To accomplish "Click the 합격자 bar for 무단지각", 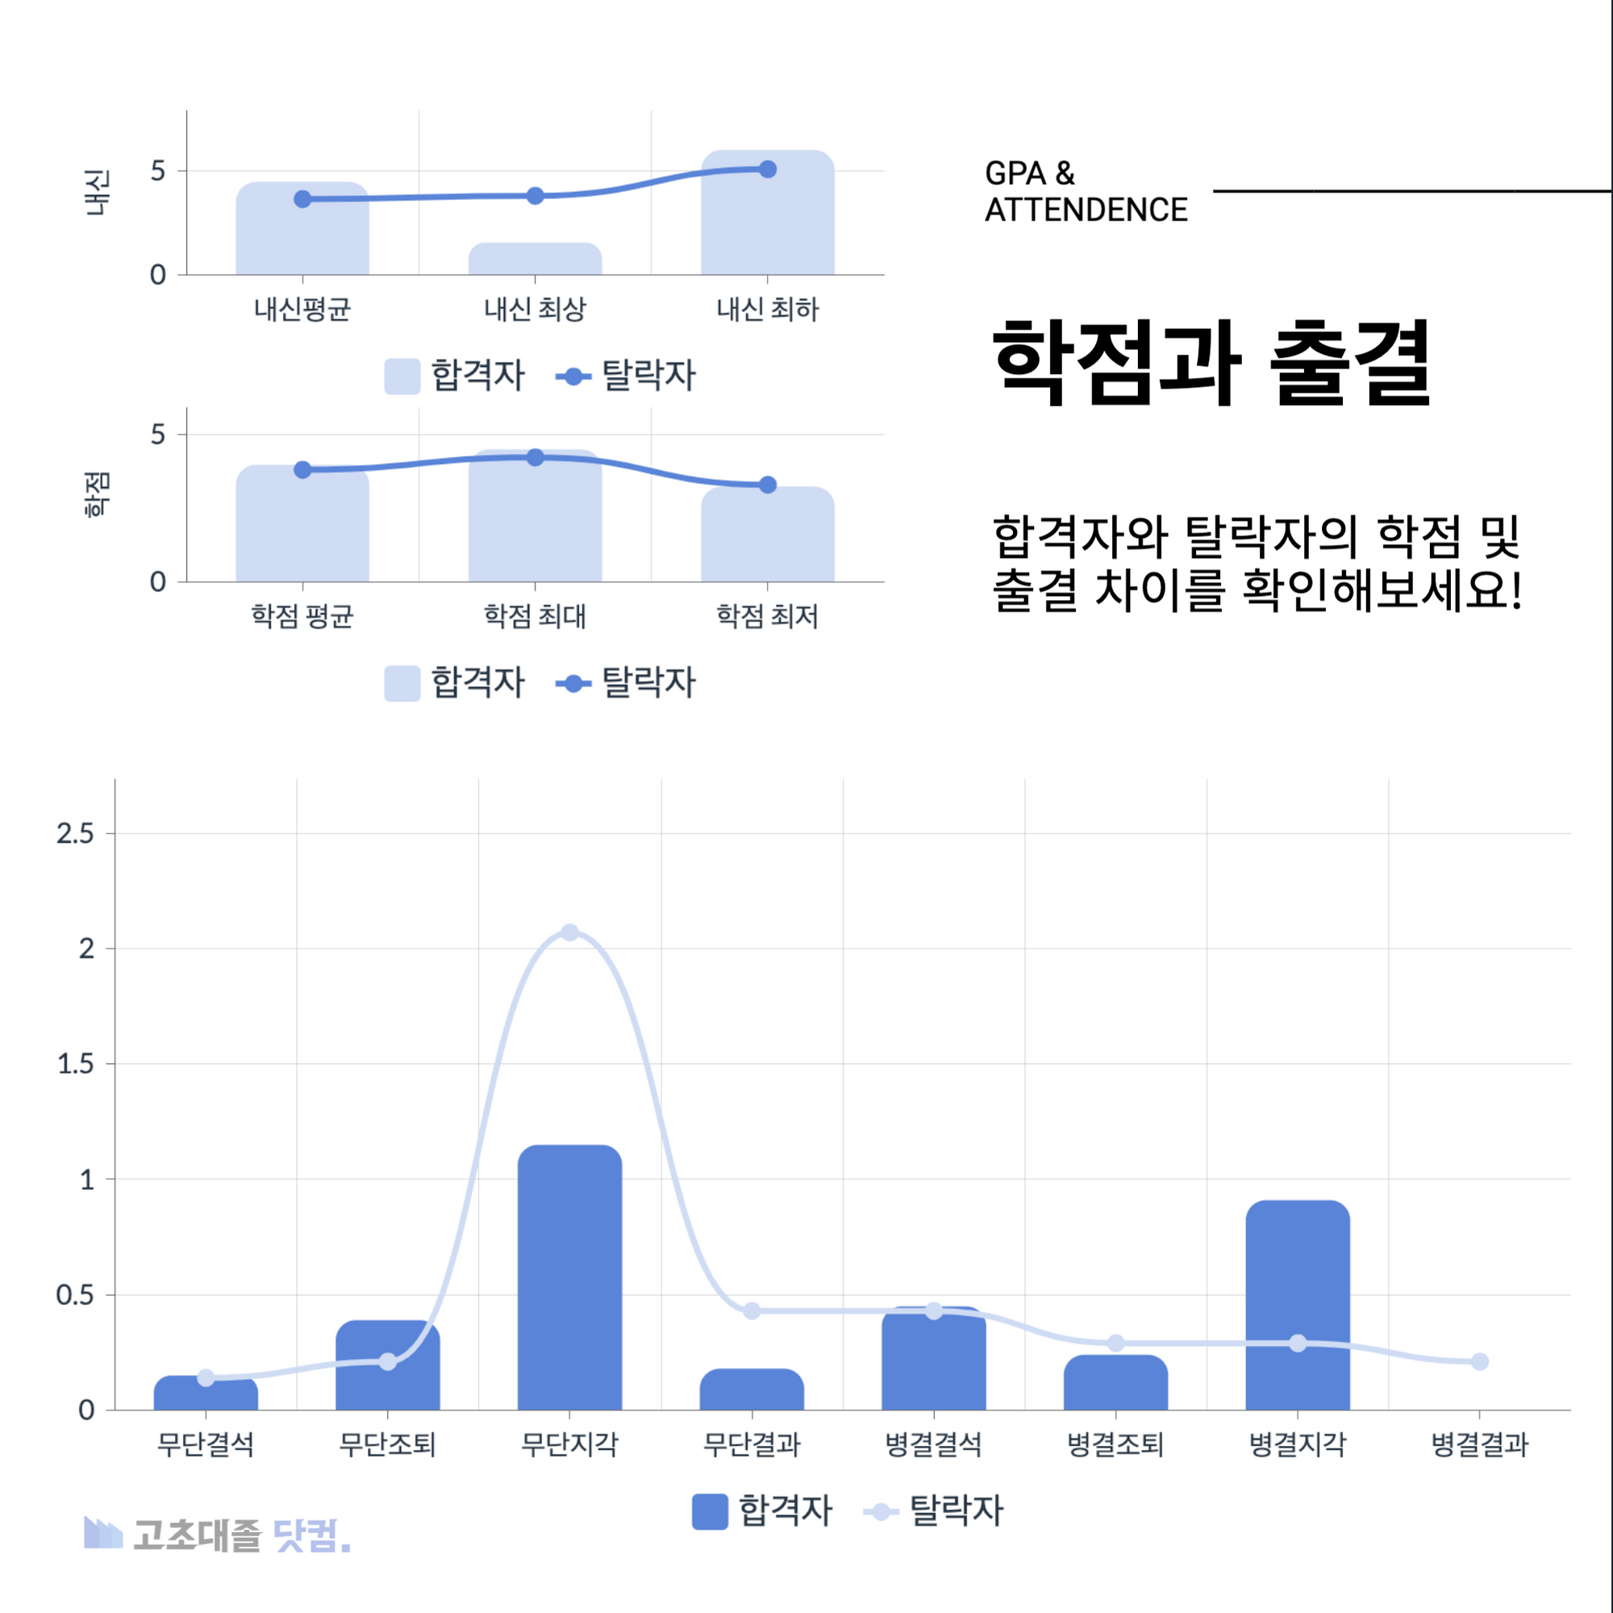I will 569,1277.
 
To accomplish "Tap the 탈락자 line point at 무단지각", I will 569,932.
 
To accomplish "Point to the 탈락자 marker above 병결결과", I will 1479,1361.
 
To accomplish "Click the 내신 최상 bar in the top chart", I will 536,259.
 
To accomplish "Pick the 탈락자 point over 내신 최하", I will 768,169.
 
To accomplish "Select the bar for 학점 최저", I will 768,535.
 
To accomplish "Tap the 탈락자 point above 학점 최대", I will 536,457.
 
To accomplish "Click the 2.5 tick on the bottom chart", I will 75,833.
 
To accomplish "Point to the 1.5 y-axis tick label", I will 75,1064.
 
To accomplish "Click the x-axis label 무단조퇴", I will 387,1444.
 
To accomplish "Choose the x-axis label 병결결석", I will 933,1444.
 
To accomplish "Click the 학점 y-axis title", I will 97,494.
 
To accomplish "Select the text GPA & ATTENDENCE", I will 1086,191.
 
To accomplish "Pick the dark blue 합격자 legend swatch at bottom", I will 710,1511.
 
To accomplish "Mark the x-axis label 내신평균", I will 302,310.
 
